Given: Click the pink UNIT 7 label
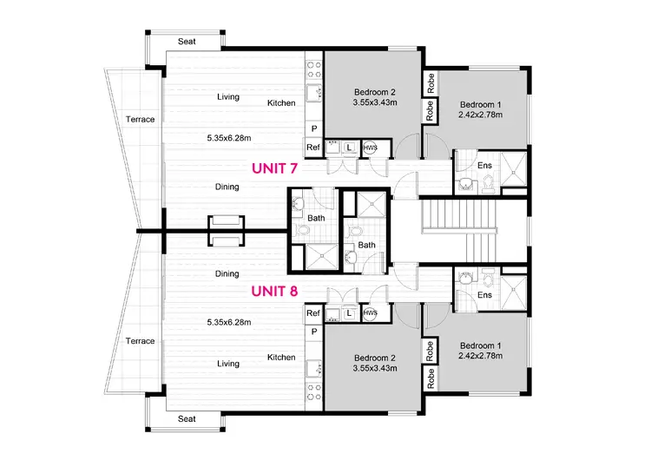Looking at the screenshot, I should coord(274,168).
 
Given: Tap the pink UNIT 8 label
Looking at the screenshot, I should coord(274,292).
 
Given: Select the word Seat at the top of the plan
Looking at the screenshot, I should coord(186,41).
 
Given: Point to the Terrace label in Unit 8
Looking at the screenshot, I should coord(140,340).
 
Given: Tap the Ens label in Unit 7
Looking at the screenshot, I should coord(484,165).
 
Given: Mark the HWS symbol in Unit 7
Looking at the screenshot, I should coord(370,148).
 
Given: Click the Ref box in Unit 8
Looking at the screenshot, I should coord(313,312).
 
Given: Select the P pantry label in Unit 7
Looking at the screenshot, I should coord(313,129).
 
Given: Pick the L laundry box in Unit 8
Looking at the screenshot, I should coord(349,312).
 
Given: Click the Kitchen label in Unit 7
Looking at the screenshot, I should coord(281,103).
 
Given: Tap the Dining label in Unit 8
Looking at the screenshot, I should coord(227,274).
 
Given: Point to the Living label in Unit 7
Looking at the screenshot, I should coord(228,97).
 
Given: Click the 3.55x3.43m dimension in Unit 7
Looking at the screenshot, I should coord(375,104).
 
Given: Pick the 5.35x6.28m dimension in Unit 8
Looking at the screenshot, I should coord(229,322).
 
